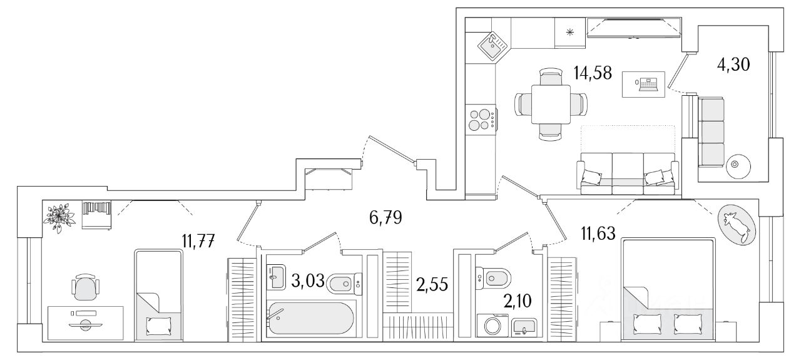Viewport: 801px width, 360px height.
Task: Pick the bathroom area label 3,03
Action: click(307, 280)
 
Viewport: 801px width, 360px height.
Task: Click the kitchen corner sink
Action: click(494, 45)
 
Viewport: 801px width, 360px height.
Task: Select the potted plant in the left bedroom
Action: click(61, 217)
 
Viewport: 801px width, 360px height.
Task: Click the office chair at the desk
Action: click(86, 289)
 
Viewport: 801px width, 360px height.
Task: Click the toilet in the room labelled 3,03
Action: click(344, 283)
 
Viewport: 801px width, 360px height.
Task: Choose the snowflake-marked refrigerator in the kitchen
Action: click(570, 33)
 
